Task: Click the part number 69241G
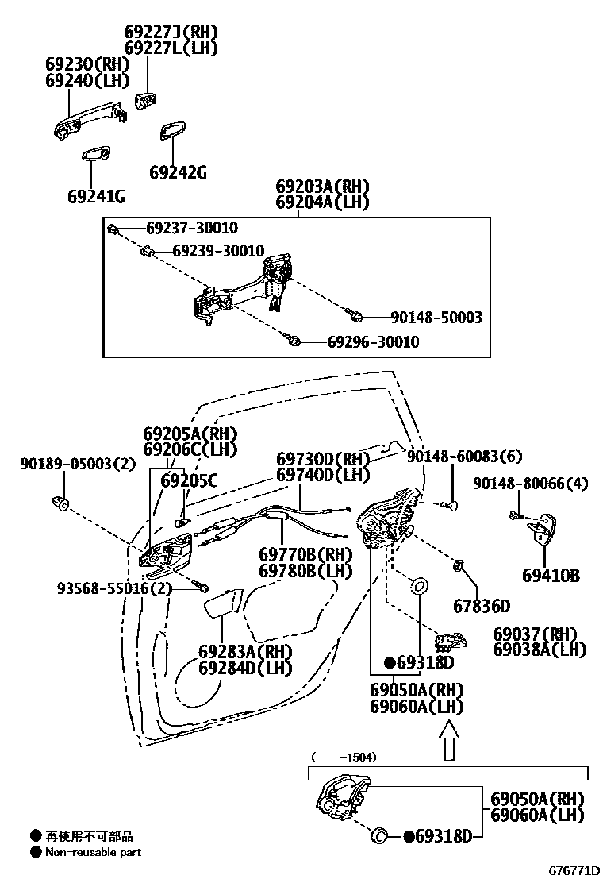96,196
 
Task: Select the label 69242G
178,172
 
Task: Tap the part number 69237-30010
191,229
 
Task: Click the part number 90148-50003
436,317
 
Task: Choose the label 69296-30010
373,342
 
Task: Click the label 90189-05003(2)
78,464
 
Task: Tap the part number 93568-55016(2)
114,588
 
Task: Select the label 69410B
551,575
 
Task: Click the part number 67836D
482,606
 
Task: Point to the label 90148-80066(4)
531,483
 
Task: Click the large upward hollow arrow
449,738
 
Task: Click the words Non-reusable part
93,852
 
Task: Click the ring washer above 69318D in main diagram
418,587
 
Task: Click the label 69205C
189,480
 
